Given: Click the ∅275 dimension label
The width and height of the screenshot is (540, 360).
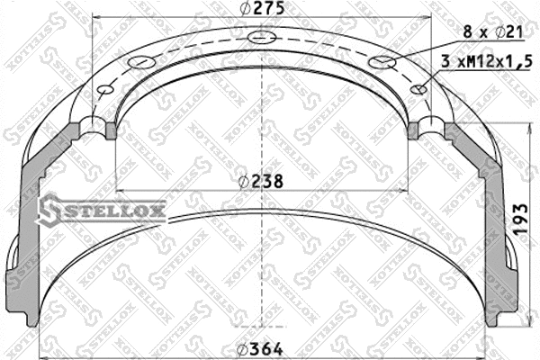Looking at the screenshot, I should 262,9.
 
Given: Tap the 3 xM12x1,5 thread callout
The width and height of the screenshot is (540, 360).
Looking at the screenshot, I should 481,62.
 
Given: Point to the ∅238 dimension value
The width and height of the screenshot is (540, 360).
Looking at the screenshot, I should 262,181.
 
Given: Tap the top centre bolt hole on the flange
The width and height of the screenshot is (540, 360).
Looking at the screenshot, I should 262,38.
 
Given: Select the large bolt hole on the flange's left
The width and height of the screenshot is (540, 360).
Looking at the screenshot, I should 142,61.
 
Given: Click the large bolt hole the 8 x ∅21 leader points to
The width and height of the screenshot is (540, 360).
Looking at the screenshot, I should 382,61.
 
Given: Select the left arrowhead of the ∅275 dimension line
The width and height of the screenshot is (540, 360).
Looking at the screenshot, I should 97,21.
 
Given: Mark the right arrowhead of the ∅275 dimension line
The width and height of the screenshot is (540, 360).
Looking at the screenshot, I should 429,21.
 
